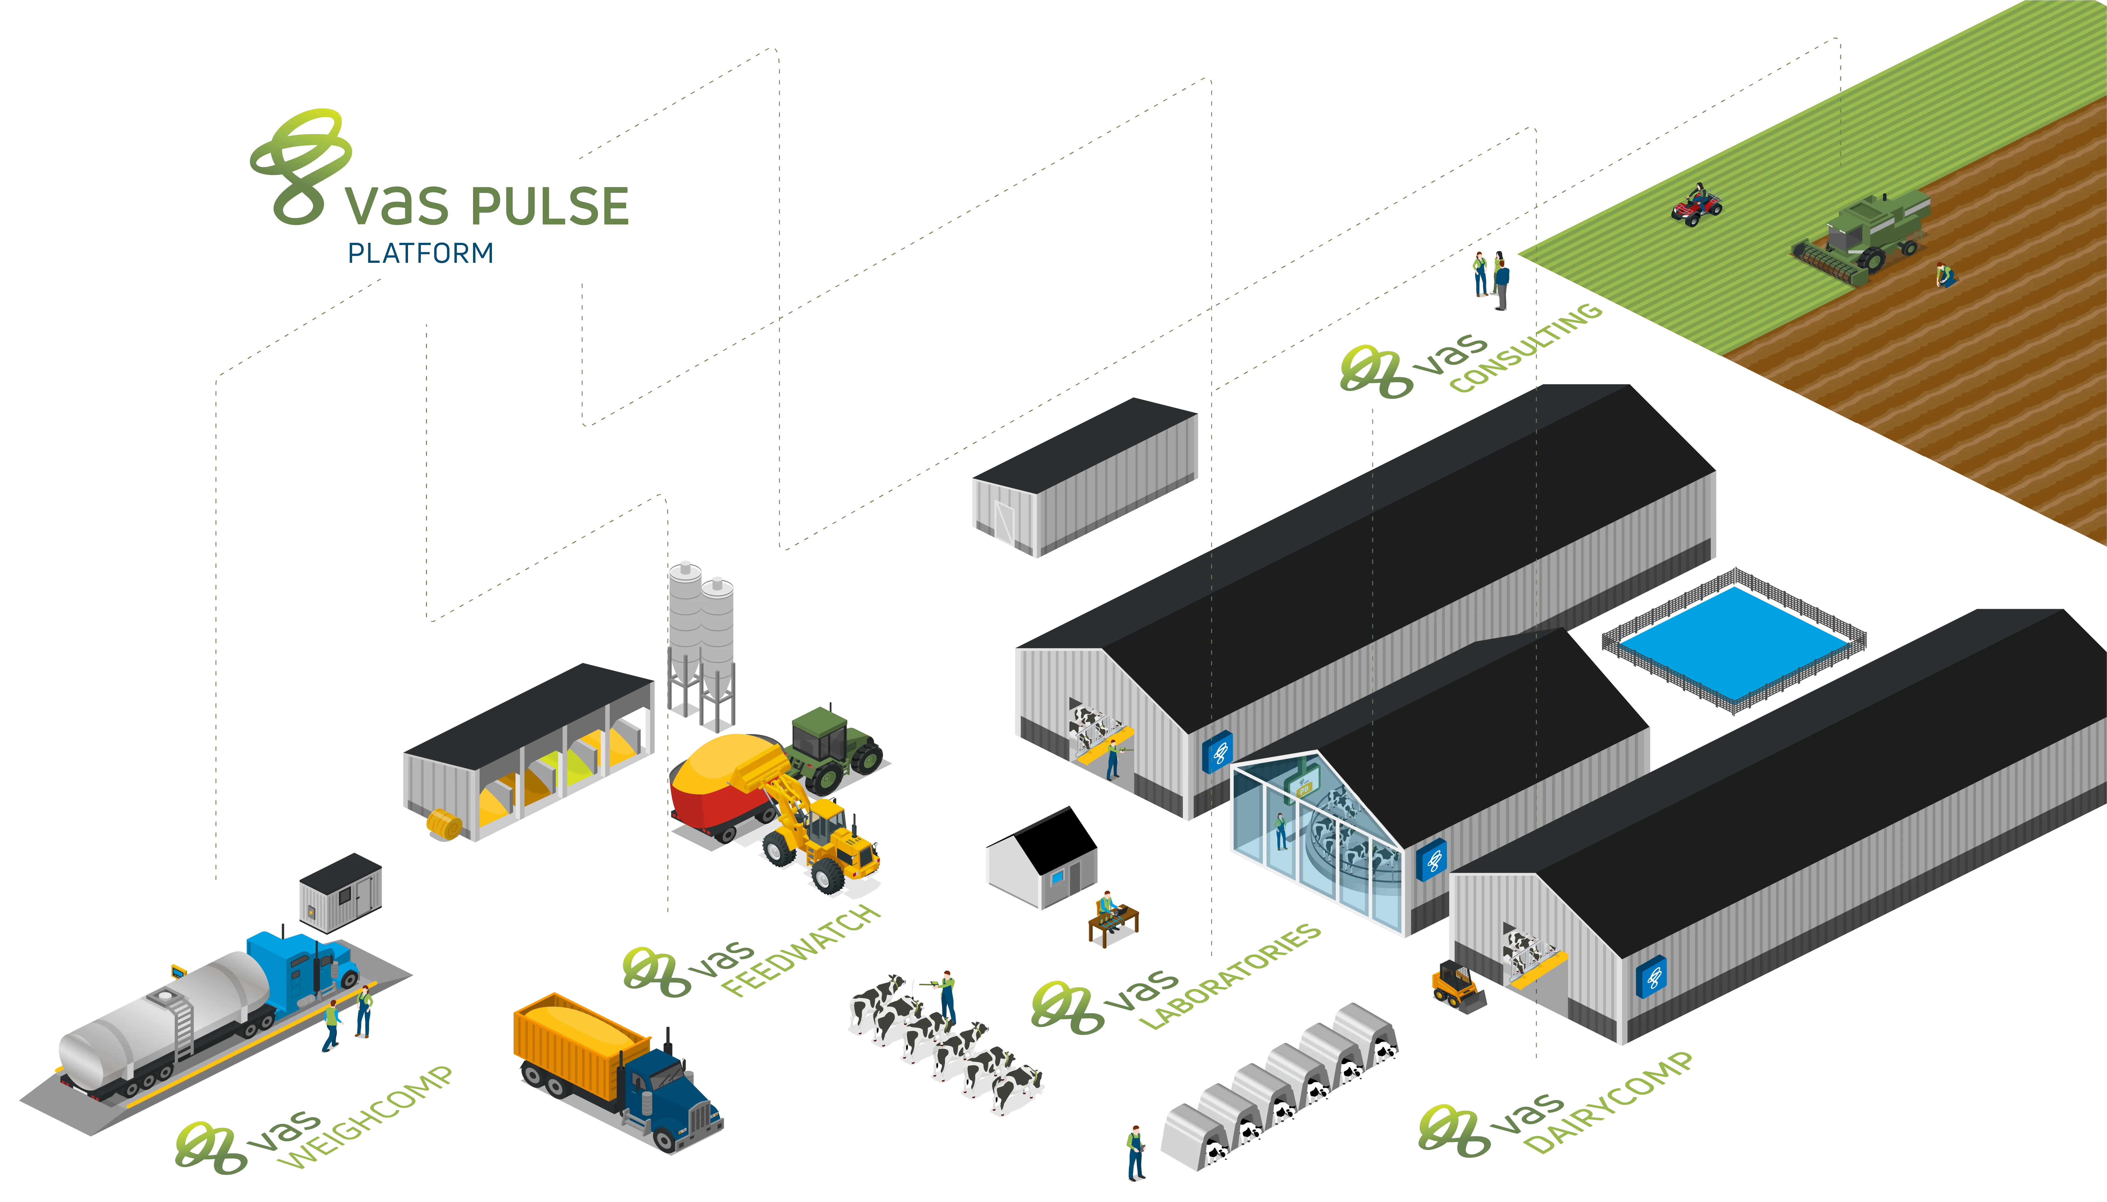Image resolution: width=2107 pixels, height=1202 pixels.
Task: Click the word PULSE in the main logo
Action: (x=549, y=206)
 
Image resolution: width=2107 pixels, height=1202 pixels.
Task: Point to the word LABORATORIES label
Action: (x=1230, y=977)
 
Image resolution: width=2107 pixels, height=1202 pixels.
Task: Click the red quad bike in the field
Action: (x=1697, y=205)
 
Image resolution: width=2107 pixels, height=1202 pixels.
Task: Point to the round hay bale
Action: (x=444, y=824)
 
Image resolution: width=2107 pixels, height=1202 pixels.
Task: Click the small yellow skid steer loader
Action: (x=1457, y=987)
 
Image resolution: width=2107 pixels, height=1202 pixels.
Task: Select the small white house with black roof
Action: (x=1042, y=859)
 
